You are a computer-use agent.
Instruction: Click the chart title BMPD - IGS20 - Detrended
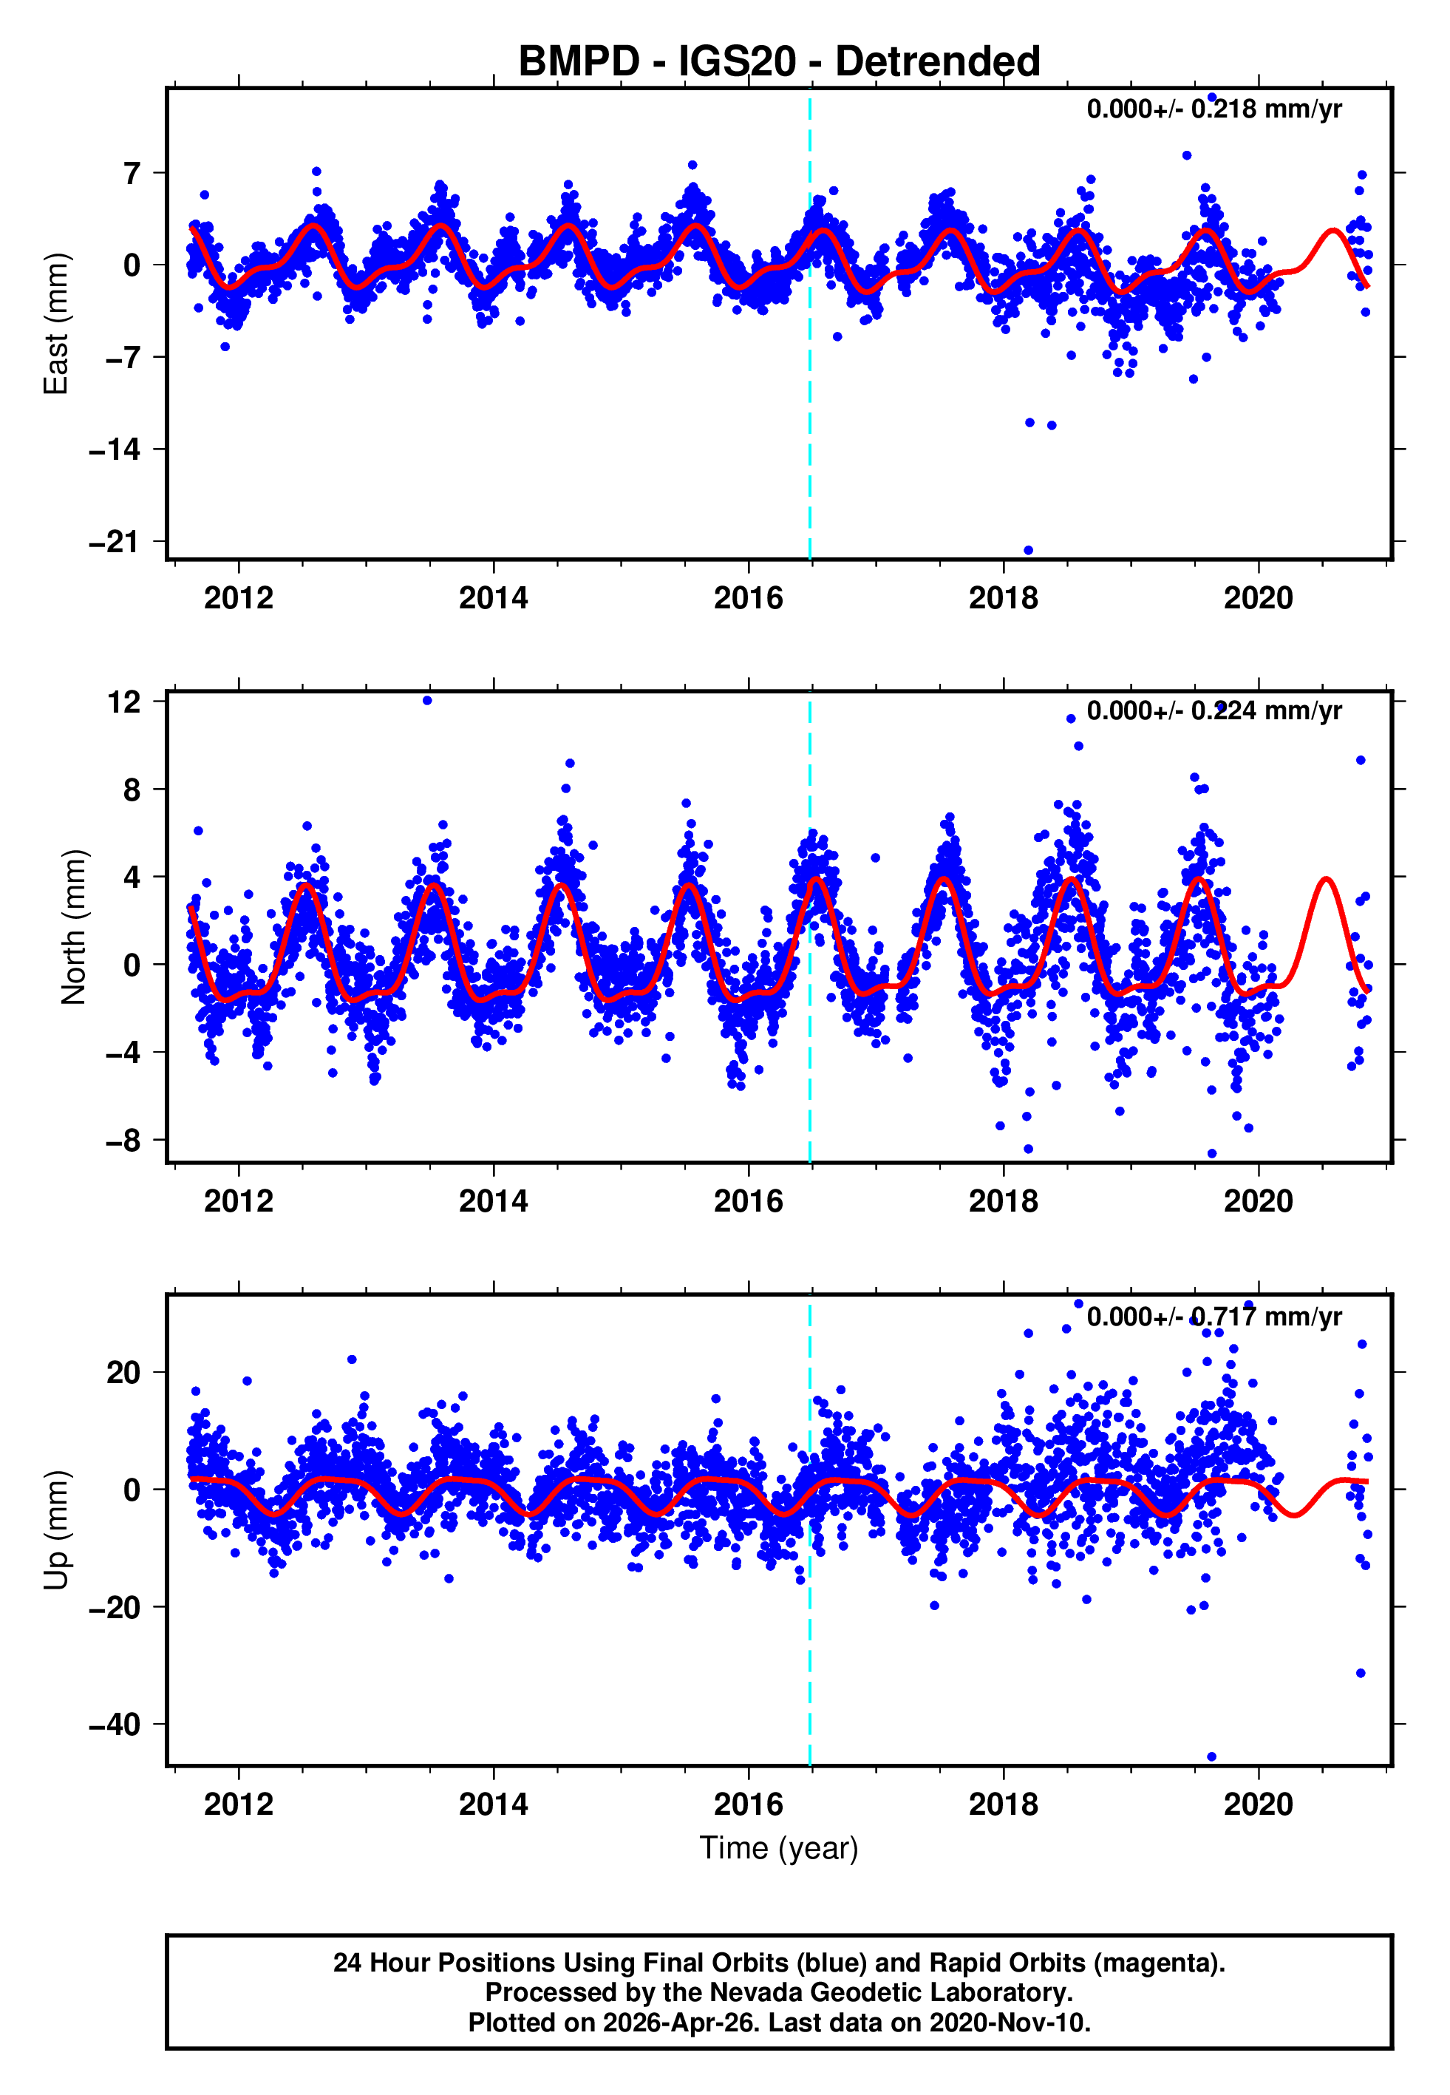(x=779, y=62)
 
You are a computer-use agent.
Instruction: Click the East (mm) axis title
(x=56, y=325)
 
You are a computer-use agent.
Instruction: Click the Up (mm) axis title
(x=56, y=1530)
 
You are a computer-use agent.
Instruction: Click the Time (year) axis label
(x=779, y=1848)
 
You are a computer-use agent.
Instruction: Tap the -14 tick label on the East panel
(x=114, y=449)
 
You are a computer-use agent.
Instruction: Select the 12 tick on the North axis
(x=123, y=702)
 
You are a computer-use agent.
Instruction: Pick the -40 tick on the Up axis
(x=114, y=1725)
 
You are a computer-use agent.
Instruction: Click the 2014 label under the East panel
(x=494, y=599)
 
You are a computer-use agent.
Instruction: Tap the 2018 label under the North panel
(x=1003, y=1201)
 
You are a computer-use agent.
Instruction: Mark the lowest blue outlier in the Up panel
(x=1211, y=1757)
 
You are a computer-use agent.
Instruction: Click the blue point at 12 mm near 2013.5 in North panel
(x=427, y=701)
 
